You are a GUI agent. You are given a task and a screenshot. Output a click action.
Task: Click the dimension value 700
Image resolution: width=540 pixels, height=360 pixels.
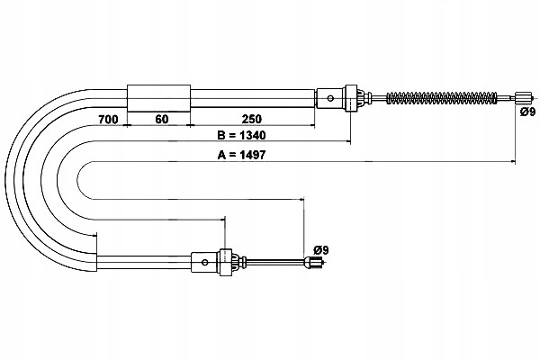click(108, 119)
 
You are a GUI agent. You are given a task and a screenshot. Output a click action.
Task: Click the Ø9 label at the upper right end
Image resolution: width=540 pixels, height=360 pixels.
click(526, 113)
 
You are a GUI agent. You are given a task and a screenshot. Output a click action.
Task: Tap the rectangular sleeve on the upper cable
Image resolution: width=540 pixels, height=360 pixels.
click(159, 96)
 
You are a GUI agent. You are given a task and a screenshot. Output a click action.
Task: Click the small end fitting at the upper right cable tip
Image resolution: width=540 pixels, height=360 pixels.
click(522, 96)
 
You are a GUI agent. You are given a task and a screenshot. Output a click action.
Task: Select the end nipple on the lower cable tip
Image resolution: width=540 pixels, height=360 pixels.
click(315, 263)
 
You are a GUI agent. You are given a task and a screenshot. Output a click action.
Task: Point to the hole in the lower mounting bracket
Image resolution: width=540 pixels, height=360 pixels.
click(207, 263)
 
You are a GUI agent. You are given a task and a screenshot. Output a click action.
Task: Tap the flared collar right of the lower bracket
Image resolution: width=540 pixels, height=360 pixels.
click(236, 263)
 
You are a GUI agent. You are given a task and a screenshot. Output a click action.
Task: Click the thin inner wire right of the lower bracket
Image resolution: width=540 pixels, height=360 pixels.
click(274, 263)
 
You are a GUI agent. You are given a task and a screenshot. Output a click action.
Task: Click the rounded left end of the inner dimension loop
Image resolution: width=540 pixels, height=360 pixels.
click(79, 180)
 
